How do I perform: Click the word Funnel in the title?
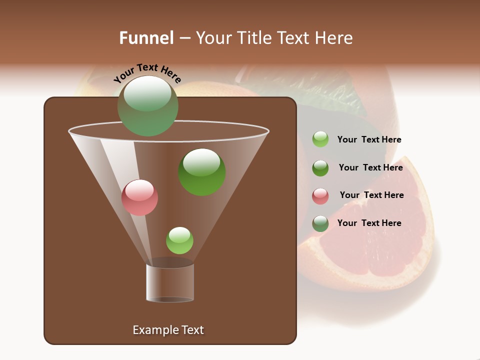[x=146, y=38]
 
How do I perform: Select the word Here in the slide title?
[x=333, y=38]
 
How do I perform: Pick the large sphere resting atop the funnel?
[x=148, y=106]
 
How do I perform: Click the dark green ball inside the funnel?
[x=202, y=172]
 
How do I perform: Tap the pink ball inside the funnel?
[x=139, y=197]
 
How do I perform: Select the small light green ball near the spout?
[x=179, y=240]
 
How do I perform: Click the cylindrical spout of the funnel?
[x=170, y=282]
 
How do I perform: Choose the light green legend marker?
[x=320, y=139]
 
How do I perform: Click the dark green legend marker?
[x=320, y=168]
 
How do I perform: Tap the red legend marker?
[x=320, y=196]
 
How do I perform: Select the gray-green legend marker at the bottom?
[x=320, y=223]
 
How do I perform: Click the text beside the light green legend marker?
[x=369, y=139]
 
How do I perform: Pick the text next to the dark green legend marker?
[x=370, y=167]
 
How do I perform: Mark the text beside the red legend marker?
[x=371, y=195]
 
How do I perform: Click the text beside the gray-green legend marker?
[x=369, y=223]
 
